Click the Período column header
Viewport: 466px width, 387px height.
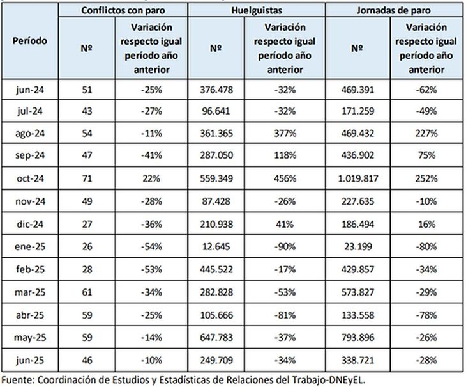point(30,41)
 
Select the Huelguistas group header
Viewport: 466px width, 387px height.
point(257,10)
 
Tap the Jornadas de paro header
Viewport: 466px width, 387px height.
point(393,10)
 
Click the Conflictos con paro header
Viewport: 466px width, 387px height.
point(123,10)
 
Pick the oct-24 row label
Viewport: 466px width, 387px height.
point(30,178)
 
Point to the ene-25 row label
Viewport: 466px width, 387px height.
point(30,246)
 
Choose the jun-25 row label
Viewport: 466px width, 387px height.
point(30,360)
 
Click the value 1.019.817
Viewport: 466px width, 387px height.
point(358,178)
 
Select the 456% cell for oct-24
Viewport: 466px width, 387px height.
point(285,178)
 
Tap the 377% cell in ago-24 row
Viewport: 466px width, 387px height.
point(285,133)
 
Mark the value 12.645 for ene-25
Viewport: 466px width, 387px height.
point(216,246)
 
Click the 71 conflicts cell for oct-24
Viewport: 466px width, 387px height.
point(87,178)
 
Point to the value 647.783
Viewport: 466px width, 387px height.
point(216,338)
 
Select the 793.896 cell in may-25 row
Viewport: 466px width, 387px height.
point(358,338)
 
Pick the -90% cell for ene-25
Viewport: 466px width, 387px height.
point(285,246)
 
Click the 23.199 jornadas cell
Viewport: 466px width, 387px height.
point(358,246)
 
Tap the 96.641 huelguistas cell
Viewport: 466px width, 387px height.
point(216,111)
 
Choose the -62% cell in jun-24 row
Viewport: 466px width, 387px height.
point(426,90)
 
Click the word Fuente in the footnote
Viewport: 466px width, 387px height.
point(18,380)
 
